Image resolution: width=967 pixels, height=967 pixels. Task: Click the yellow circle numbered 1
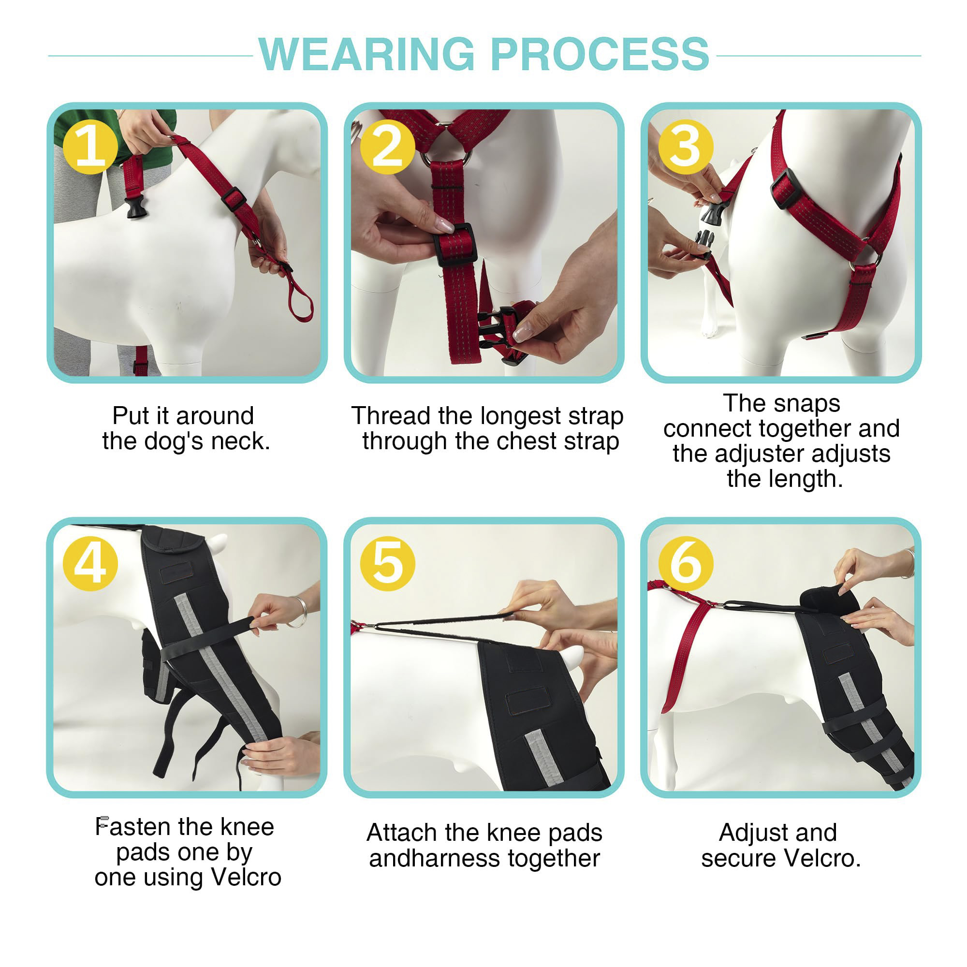click(90, 147)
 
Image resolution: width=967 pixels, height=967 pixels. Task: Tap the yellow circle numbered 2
click(388, 147)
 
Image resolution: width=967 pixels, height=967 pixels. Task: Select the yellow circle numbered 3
click(685, 147)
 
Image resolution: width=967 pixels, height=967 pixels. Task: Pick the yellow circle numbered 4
click(90, 564)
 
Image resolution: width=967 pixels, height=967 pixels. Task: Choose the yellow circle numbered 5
click(388, 564)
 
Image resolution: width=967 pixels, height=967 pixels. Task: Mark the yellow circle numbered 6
click(685, 564)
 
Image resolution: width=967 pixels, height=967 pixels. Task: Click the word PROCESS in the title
click(600, 55)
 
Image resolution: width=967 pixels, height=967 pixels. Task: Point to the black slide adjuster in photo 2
click(454, 244)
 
